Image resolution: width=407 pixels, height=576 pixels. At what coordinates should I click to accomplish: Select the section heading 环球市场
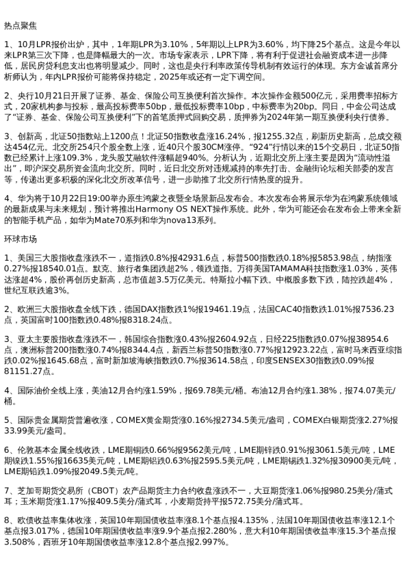[18, 240]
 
